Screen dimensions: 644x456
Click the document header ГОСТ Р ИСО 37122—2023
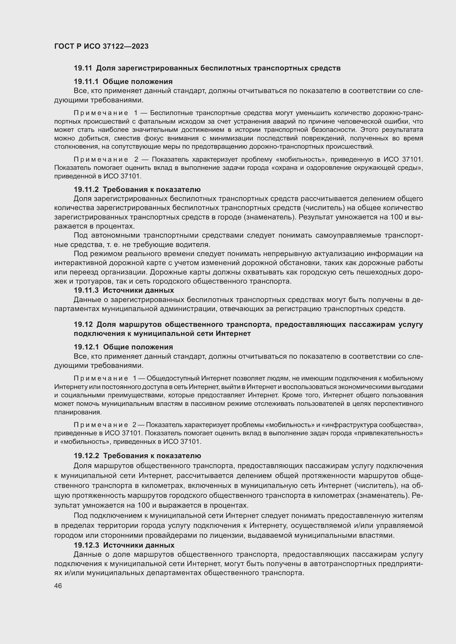101,46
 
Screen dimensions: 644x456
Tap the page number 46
58,586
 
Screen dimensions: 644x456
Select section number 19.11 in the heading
83,68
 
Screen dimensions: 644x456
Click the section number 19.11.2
86,189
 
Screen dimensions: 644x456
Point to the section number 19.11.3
86,290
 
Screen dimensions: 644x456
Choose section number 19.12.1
87,347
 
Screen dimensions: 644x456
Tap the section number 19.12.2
87,456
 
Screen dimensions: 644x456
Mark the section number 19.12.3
87,545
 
